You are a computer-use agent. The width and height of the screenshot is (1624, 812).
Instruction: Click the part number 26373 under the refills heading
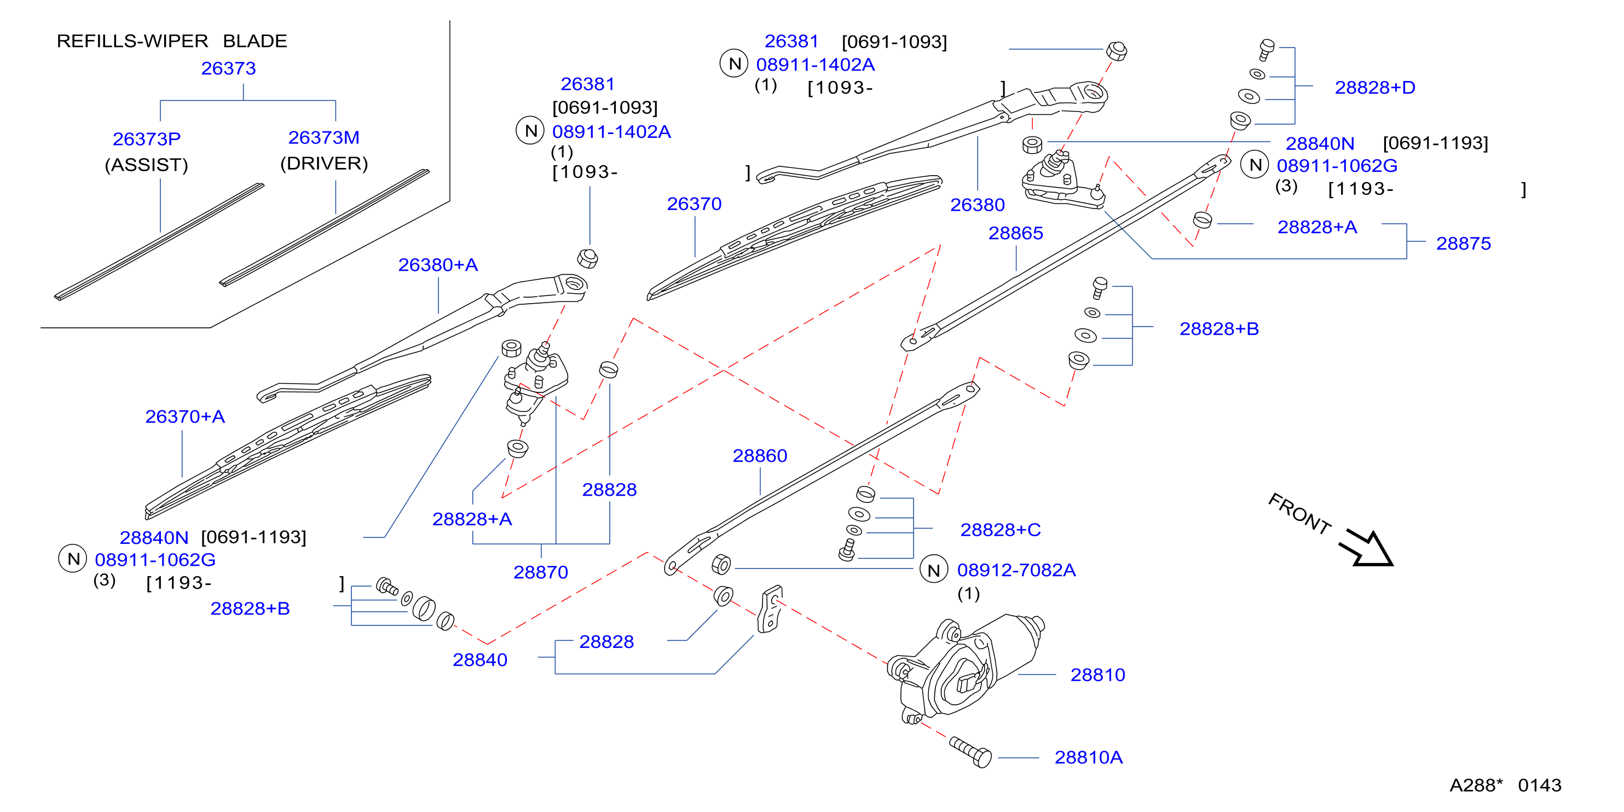click(228, 68)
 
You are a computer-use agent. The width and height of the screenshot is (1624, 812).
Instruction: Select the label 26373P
click(146, 138)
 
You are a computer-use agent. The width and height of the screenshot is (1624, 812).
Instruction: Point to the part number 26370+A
click(184, 417)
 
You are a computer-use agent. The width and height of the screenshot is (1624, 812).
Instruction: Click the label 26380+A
click(438, 265)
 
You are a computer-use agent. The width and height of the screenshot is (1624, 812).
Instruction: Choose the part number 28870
click(540, 572)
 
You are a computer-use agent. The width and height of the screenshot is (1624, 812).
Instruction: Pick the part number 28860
click(760, 456)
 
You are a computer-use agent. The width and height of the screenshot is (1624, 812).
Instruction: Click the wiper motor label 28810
click(1097, 675)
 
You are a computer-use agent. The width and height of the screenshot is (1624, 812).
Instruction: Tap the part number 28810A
click(1089, 758)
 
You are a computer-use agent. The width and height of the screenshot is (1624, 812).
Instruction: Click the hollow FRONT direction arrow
click(1366, 548)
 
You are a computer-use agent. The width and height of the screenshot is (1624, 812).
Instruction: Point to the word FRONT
click(1300, 513)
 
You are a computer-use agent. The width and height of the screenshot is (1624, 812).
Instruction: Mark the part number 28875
click(1463, 244)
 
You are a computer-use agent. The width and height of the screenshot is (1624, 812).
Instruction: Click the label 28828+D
click(1375, 88)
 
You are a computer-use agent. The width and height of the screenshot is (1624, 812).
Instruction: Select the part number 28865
click(1016, 233)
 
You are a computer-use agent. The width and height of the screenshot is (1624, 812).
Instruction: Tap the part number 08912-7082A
click(1016, 571)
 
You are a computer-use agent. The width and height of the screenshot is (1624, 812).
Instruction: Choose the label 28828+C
click(1001, 530)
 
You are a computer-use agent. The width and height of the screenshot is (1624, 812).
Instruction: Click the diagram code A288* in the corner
click(1476, 786)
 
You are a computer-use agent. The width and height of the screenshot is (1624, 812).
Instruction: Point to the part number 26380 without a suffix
click(977, 205)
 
